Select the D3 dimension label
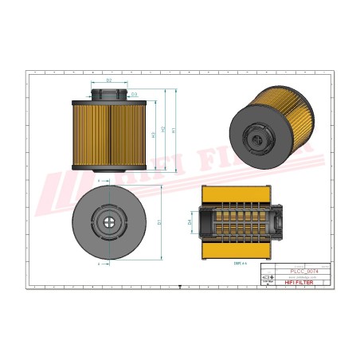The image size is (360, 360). point(135,95)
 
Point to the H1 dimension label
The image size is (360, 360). point(174,129)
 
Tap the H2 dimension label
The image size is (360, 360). point(163,131)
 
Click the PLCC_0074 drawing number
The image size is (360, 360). point(295,272)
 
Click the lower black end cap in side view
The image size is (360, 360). point(108,166)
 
